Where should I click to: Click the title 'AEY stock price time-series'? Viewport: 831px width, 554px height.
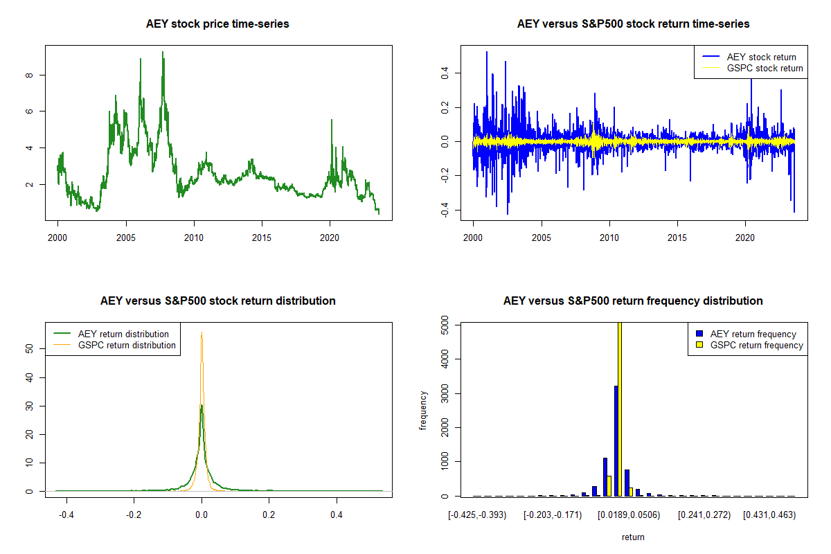click(x=217, y=24)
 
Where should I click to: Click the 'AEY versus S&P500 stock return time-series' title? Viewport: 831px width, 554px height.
click(x=633, y=24)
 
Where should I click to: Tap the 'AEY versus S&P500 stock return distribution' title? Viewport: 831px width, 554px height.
click(x=217, y=301)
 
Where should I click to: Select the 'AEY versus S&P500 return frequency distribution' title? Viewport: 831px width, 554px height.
click(x=633, y=301)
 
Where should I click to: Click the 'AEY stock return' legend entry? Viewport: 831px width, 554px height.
click(x=761, y=57)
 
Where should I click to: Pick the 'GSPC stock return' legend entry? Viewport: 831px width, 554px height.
click(x=765, y=68)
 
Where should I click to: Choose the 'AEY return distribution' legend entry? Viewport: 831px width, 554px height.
click(x=123, y=334)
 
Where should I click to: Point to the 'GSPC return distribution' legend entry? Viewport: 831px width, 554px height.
click(x=127, y=345)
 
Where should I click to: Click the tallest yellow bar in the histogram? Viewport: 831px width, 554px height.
click(x=620, y=409)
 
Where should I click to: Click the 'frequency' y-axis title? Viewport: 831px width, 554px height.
click(x=424, y=410)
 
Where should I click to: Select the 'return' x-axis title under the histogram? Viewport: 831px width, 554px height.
click(x=633, y=537)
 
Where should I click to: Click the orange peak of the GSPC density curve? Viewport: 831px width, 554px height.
click(x=202, y=334)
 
